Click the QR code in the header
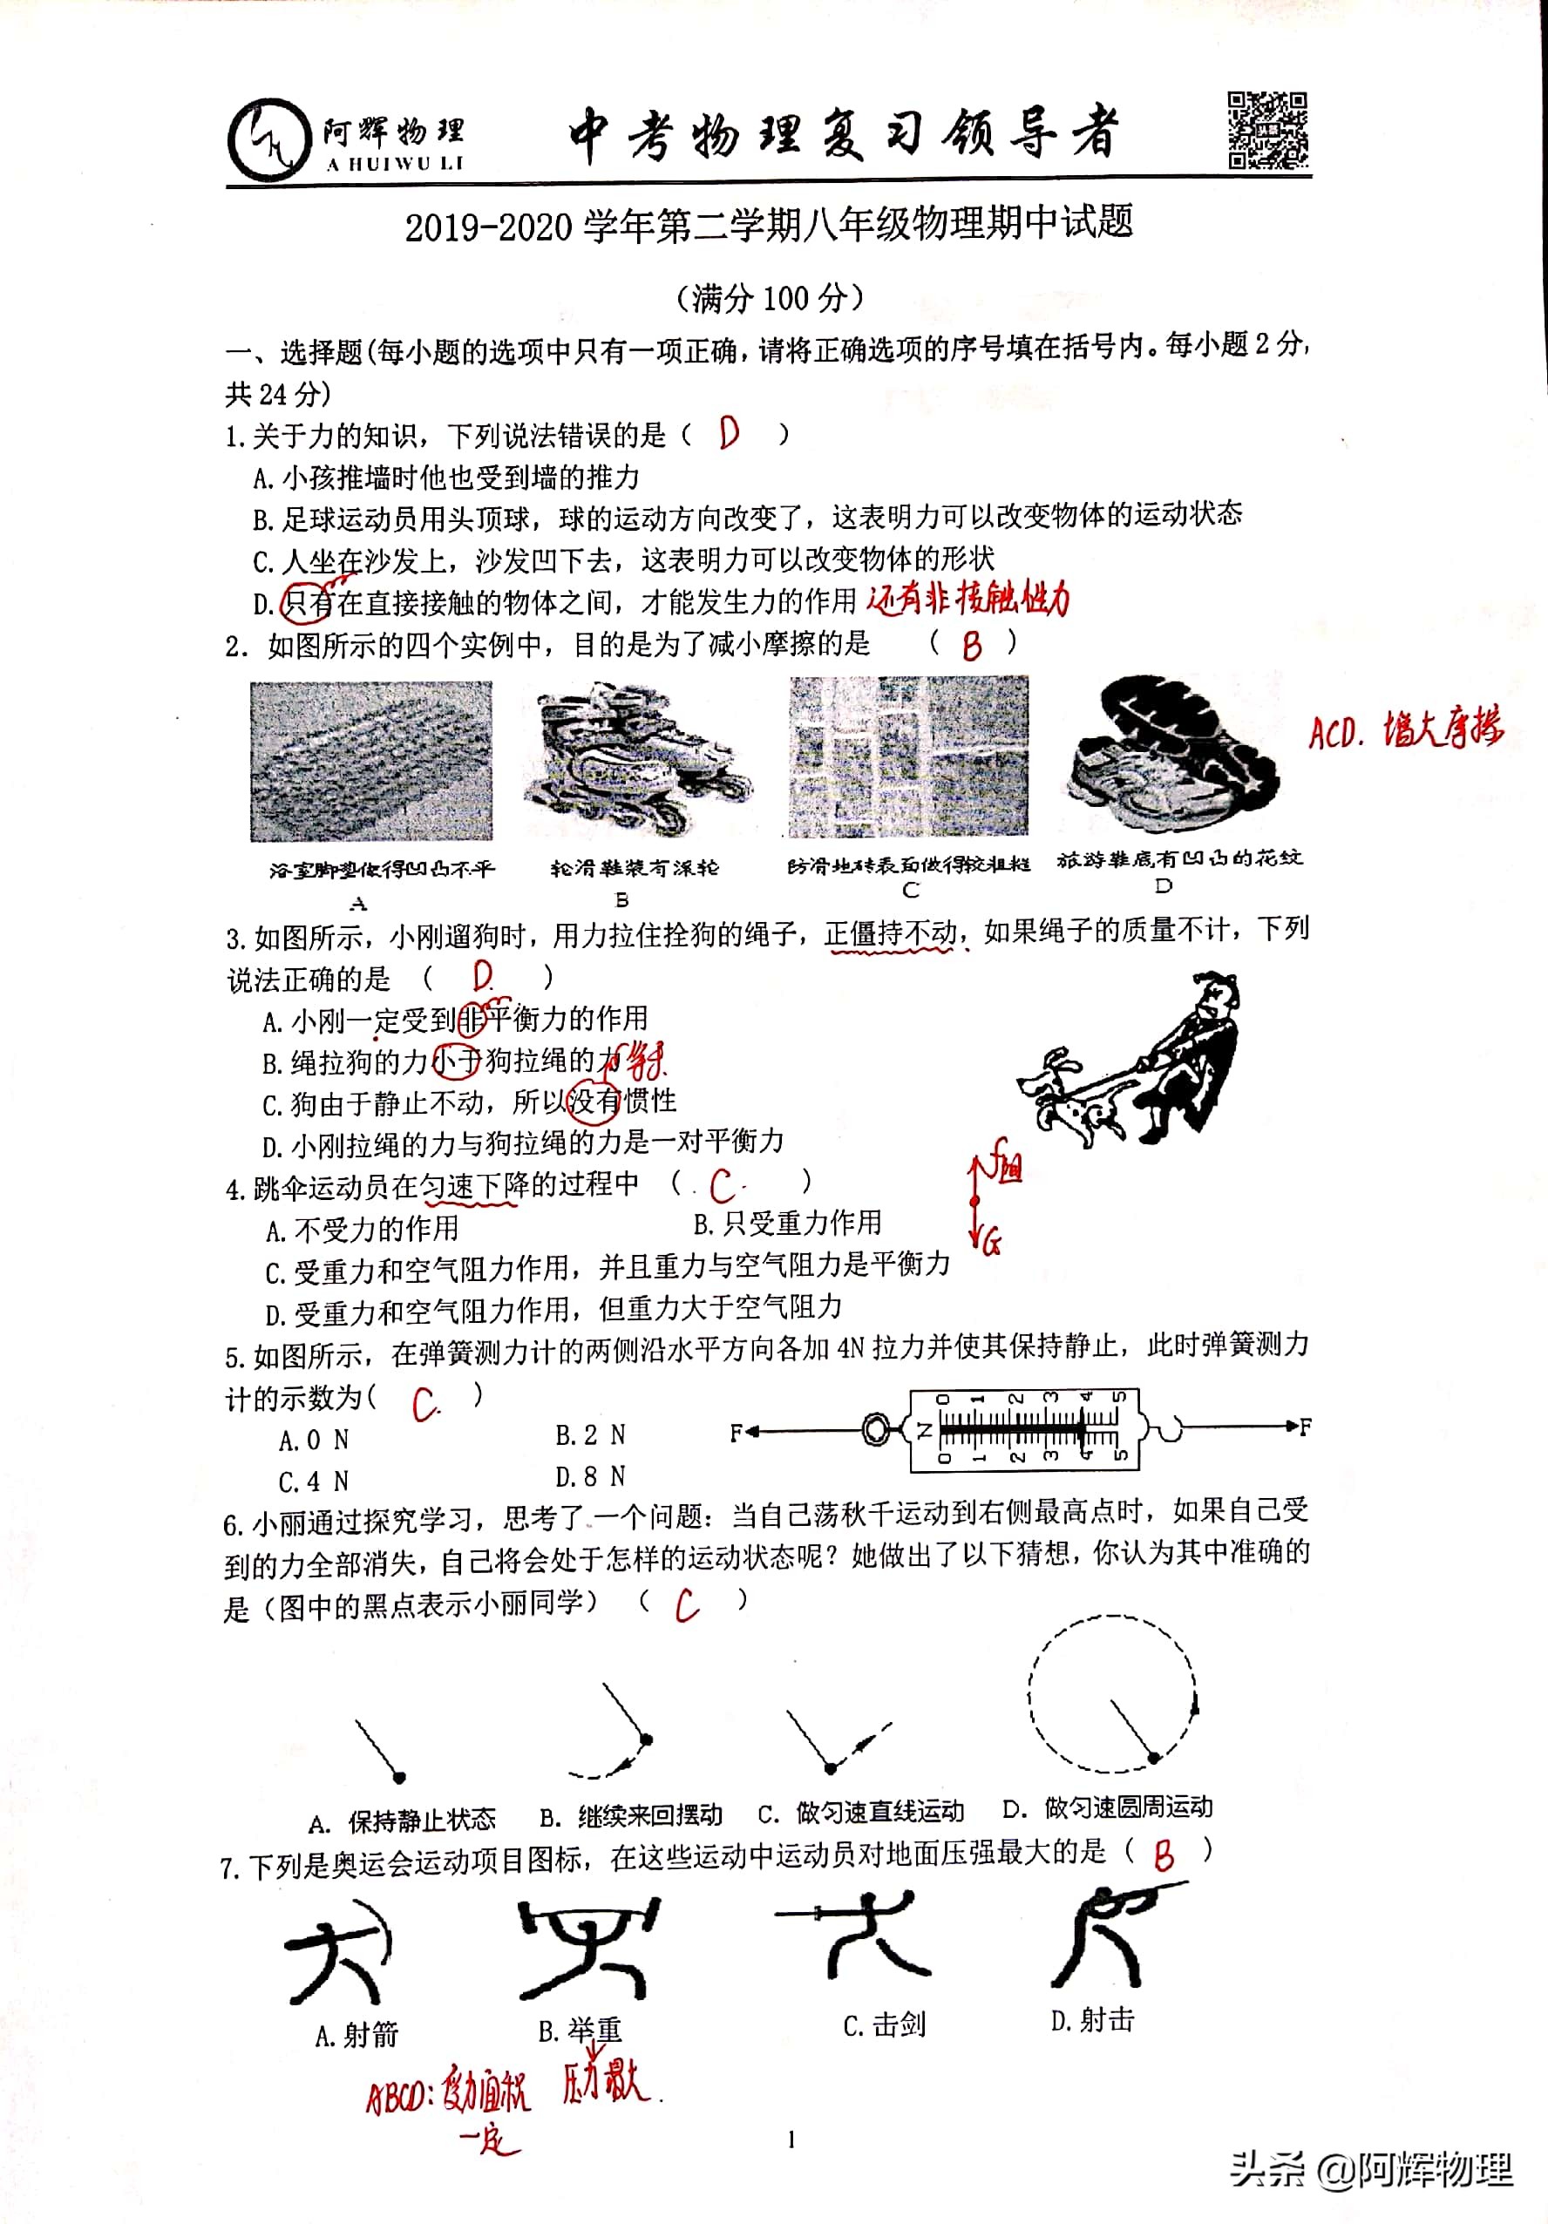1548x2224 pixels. [x=1268, y=130]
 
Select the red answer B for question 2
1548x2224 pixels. [x=972, y=644]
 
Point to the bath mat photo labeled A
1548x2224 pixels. [x=371, y=762]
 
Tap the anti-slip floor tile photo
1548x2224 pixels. [x=908, y=756]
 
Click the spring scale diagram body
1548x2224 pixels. [x=1024, y=1427]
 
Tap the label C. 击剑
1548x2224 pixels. [x=885, y=2024]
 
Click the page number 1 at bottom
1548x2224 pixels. [x=791, y=2139]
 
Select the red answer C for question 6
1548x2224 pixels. [x=687, y=1605]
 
